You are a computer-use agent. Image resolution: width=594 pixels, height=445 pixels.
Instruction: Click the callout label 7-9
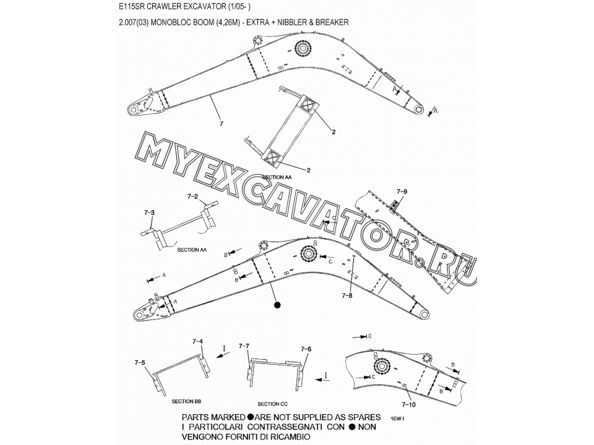(x=402, y=192)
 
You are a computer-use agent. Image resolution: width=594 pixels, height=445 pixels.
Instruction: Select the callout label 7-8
(x=346, y=295)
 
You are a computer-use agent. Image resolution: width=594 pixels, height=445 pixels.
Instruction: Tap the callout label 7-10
(x=408, y=404)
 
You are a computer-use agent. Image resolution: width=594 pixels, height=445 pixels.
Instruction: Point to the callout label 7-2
(x=193, y=197)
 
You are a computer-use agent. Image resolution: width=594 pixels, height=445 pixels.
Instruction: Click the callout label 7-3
(x=149, y=213)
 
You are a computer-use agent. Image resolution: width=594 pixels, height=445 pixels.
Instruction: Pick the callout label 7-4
(x=198, y=341)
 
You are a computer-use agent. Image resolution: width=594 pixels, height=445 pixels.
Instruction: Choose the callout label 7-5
(x=140, y=363)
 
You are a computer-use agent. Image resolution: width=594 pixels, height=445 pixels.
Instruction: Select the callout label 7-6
(x=306, y=349)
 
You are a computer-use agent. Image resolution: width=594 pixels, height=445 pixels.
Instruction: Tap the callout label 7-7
(x=244, y=346)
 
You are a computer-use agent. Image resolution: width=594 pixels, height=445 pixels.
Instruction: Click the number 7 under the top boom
(x=222, y=124)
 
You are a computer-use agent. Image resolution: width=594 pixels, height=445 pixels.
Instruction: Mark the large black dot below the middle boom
(x=277, y=305)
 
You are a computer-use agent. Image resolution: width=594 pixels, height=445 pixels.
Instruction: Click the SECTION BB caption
(x=187, y=402)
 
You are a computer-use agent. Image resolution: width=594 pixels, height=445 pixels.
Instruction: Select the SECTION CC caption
(x=272, y=404)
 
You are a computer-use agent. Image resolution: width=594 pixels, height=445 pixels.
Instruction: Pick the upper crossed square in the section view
(x=308, y=105)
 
